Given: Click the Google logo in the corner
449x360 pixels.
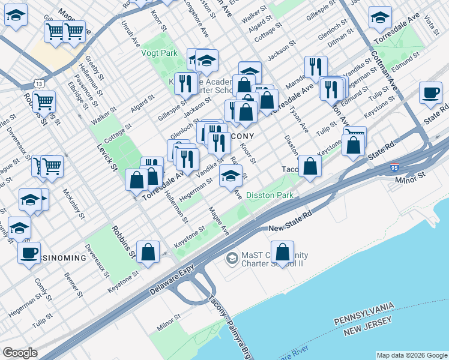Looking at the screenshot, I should click(x=19, y=353).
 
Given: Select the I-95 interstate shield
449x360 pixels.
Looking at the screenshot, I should click(x=394, y=169).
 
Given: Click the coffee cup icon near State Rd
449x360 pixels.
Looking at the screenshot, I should click(x=430, y=94).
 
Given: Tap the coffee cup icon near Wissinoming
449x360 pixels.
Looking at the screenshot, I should click(x=29, y=253).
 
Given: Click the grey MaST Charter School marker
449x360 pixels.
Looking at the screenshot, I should click(x=231, y=259).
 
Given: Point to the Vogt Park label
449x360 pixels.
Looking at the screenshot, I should click(x=159, y=53).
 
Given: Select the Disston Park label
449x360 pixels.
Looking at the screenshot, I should click(x=269, y=195).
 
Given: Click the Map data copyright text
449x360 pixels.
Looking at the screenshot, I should click(x=411, y=355).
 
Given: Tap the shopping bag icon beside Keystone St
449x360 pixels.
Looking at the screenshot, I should click(x=147, y=253).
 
